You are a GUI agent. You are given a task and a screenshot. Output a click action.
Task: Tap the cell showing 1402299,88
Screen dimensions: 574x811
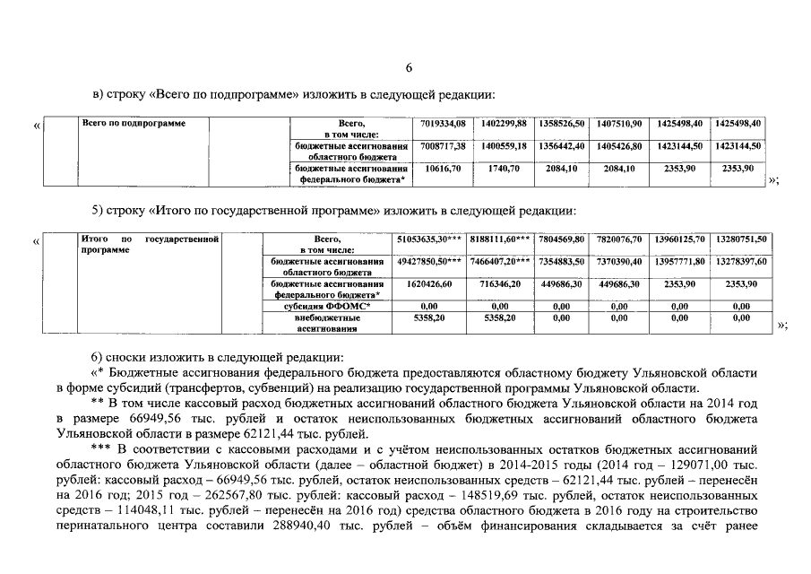(x=504, y=123)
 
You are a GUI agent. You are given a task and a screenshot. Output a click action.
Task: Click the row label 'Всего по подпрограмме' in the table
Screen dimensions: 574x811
(x=134, y=124)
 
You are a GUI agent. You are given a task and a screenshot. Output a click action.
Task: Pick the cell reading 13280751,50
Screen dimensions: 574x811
(x=741, y=239)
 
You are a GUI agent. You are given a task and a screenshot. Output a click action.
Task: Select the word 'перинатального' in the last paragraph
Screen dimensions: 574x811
(x=98, y=525)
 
